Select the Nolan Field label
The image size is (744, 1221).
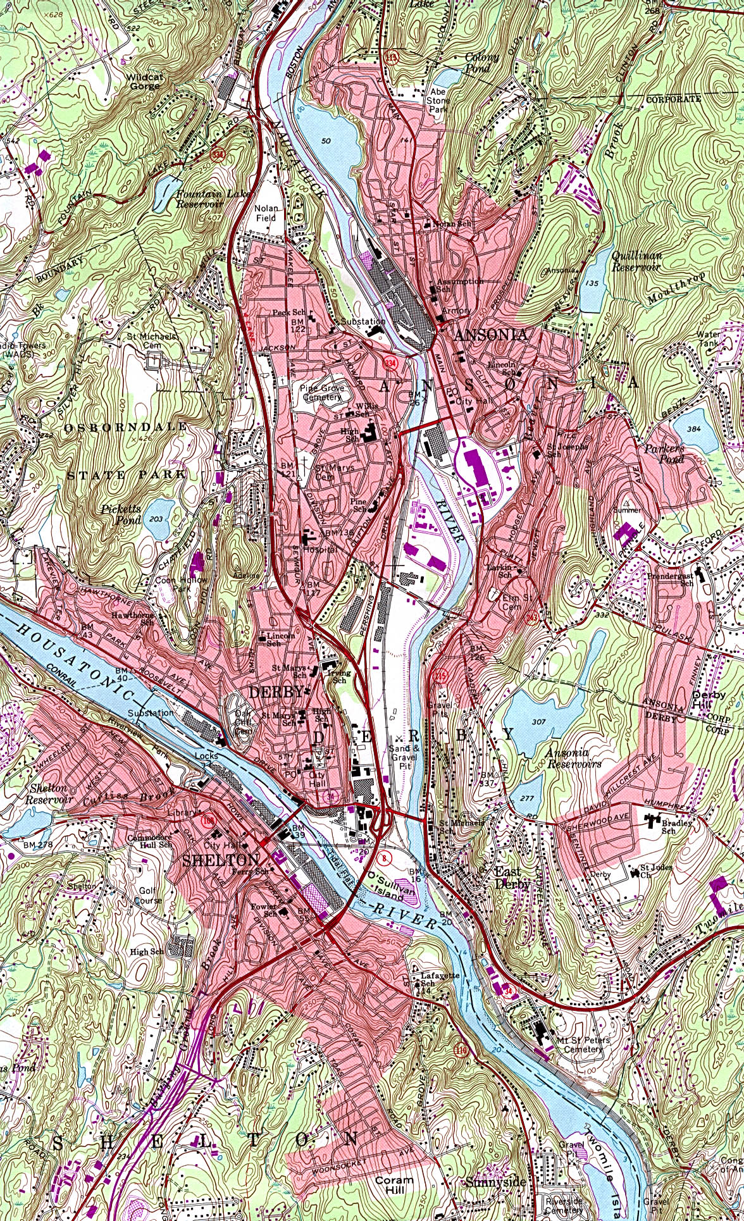coord(266,213)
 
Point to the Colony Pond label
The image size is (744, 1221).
coord(482,61)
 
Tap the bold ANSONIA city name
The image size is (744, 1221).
coord(490,335)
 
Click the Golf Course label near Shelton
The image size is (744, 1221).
coord(148,895)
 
